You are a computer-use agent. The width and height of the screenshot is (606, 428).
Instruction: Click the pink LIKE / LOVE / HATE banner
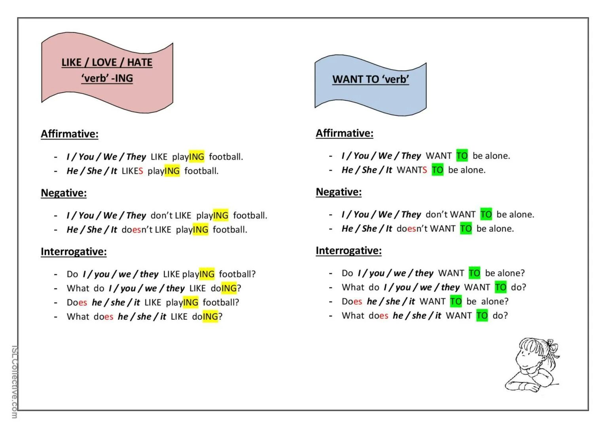(107, 71)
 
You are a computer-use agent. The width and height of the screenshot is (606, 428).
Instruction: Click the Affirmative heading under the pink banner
(70, 134)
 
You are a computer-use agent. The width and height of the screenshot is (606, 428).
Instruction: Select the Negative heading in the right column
(339, 192)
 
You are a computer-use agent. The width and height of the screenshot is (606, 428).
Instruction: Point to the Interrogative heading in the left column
(74, 252)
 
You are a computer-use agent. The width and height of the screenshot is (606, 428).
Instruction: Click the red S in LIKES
(141, 171)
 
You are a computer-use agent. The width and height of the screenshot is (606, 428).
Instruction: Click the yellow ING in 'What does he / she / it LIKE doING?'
(210, 317)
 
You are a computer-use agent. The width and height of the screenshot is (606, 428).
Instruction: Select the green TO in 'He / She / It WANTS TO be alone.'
(437, 170)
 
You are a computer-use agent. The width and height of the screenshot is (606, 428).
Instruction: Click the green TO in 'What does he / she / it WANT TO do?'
(482, 315)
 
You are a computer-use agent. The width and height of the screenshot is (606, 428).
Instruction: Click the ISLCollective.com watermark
(14, 382)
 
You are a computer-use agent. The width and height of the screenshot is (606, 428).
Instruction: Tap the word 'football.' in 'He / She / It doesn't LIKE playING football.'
(230, 230)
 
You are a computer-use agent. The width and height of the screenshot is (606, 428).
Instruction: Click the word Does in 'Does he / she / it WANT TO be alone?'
(352, 302)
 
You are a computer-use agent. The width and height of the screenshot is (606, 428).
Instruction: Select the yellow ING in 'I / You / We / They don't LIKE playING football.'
(221, 215)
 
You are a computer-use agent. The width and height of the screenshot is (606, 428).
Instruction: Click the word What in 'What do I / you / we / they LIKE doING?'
(78, 288)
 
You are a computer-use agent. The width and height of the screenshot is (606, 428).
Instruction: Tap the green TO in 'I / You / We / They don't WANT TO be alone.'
(486, 215)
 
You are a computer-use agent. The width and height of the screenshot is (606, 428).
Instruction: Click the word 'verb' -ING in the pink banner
(107, 78)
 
